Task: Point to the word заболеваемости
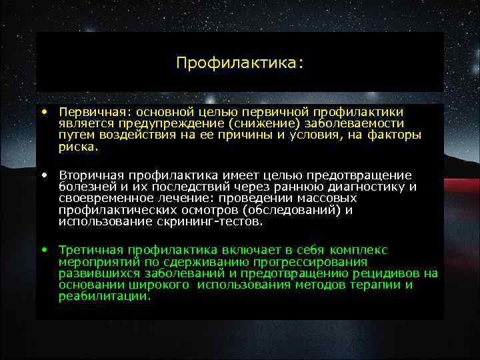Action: tap(350, 124)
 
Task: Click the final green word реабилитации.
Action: tap(105, 296)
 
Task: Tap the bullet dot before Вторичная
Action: tap(43, 175)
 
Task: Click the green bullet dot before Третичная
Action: tap(43, 250)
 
